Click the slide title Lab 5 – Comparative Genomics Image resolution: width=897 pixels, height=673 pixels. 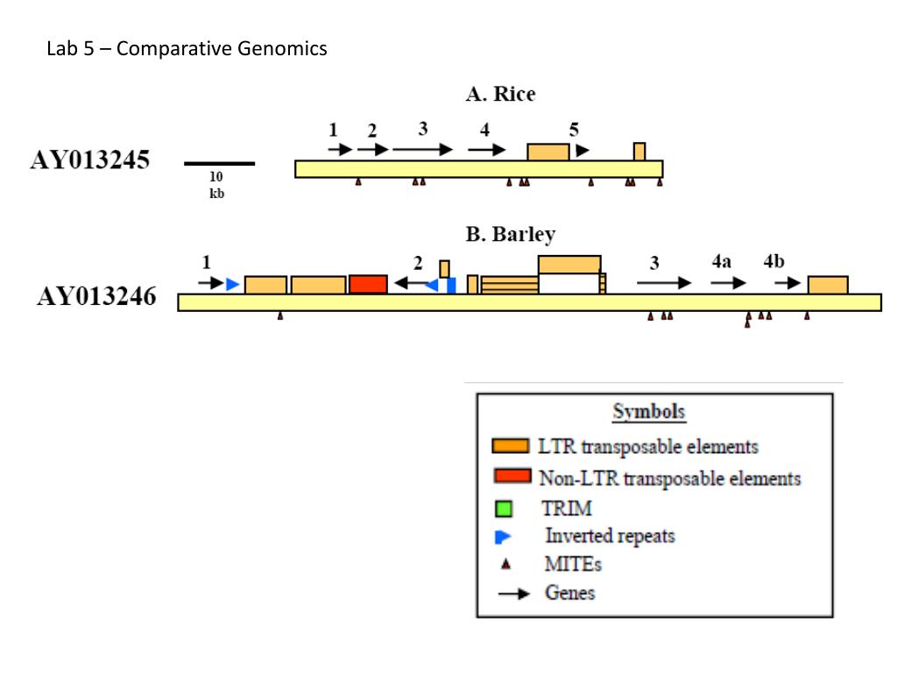pyautogui.click(x=187, y=48)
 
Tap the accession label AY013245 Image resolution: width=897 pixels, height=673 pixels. pyautogui.click(x=90, y=159)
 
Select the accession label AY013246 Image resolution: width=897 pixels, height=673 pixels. pyautogui.click(x=96, y=296)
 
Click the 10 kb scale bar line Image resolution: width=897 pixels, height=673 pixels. pyautogui.click(x=219, y=164)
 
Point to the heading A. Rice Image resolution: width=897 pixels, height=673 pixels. pyautogui.click(x=500, y=94)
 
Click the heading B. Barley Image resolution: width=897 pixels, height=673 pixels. pyautogui.click(x=511, y=235)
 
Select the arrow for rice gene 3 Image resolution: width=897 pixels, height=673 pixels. pyautogui.click(x=423, y=149)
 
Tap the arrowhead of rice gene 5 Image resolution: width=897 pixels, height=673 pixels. pyautogui.click(x=583, y=151)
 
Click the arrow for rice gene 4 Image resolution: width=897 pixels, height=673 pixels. pyautogui.click(x=487, y=150)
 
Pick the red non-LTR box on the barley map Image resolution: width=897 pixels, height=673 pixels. pyautogui.click(x=368, y=285)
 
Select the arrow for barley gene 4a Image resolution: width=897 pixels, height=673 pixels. pyautogui.click(x=728, y=283)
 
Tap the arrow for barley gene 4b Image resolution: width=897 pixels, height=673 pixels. pyautogui.click(x=788, y=283)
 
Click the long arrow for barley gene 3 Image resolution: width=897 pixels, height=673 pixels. pyautogui.click(x=664, y=283)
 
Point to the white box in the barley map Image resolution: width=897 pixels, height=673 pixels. pyautogui.click(x=569, y=284)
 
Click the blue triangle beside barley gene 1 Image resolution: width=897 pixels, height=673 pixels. pyautogui.click(x=232, y=285)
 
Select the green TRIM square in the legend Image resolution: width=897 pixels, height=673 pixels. pyautogui.click(x=504, y=508)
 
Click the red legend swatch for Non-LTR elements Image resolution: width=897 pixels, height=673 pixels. pyautogui.click(x=512, y=476)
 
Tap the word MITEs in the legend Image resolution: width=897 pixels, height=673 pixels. pyautogui.click(x=573, y=564)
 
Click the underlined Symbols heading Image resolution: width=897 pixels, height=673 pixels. pyautogui.click(x=649, y=412)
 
